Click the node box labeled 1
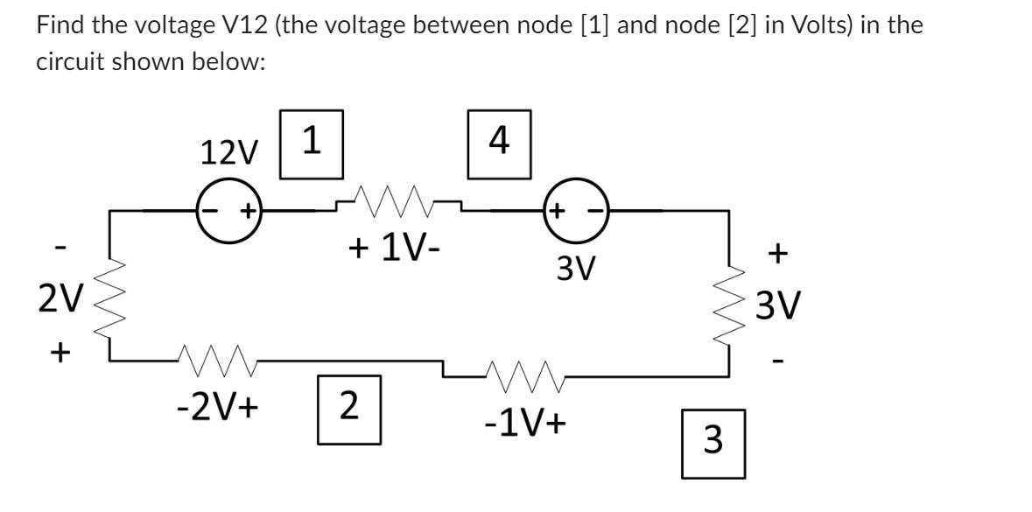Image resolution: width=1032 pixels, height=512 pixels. point(311,144)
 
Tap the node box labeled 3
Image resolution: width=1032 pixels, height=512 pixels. point(713,443)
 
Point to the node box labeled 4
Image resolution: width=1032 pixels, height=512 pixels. point(499,144)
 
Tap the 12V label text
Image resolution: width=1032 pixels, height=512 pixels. point(229,154)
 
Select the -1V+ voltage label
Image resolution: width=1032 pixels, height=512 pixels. point(525,424)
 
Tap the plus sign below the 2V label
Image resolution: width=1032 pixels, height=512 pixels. point(59,353)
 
